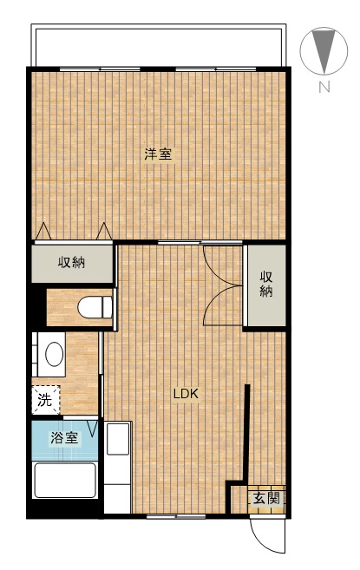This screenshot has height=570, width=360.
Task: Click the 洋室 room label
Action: (x=158, y=155)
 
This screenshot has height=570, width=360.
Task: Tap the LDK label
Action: (x=186, y=394)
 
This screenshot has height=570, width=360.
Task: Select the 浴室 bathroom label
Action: (x=64, y=438)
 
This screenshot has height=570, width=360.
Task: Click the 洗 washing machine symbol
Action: (x=44, y=401)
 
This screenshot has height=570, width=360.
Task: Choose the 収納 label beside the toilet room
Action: (x=72, y=263)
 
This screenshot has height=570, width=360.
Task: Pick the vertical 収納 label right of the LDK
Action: (x=265, y=285)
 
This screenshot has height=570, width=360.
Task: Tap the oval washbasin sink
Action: (x=54, y=354)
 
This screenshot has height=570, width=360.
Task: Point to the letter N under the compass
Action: (x=323, y=86)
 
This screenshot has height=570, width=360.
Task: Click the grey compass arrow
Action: (x=324, y=50)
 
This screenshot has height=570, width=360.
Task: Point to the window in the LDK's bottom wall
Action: (x=174, y=516)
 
